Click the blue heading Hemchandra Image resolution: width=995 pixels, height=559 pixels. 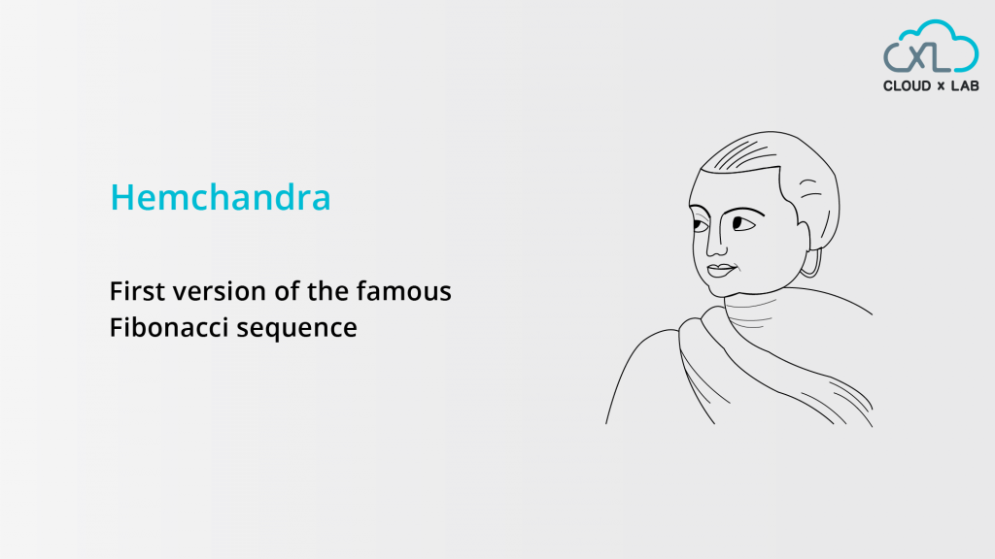point(221,196)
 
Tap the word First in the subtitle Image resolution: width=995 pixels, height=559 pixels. point(137,291)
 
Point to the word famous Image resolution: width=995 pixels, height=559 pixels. point(403,291)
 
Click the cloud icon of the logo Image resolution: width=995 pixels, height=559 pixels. point(931,46)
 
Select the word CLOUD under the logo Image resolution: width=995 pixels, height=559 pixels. point(907,86)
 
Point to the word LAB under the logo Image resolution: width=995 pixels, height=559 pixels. point(965,86)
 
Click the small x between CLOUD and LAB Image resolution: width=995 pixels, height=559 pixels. point(941,86)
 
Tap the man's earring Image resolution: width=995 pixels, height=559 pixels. point(813,263)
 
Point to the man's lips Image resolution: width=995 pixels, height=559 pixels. point(722,271)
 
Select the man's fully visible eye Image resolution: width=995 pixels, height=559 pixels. point(743,224)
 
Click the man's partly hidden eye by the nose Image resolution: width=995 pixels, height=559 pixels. point(700,224)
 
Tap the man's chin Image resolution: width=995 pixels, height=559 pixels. point(723,289)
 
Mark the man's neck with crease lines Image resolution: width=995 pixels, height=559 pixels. point(751,311)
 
